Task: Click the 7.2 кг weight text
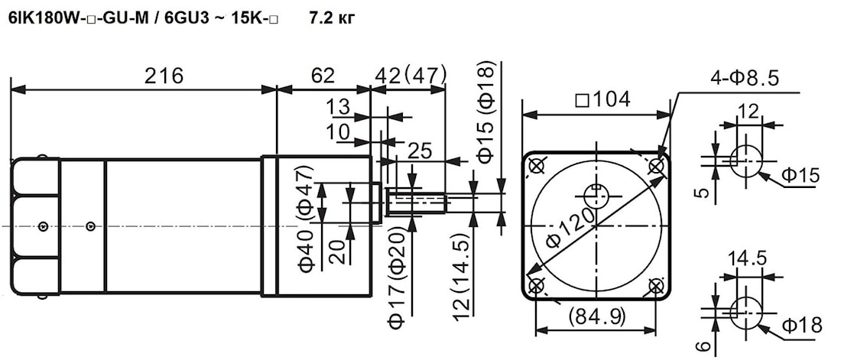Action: point(332,19)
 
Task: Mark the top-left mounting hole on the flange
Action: point(537,167)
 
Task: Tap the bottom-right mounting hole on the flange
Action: point(656,286)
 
